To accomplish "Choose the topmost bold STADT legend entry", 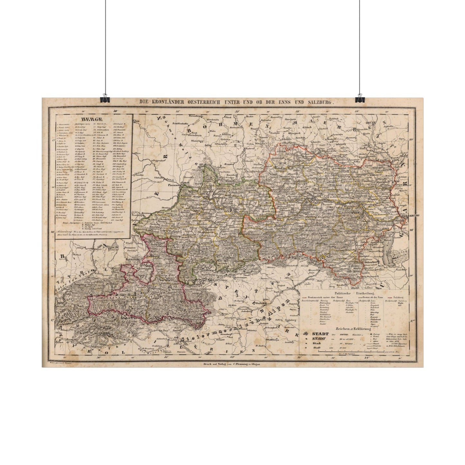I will coord(320,334).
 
